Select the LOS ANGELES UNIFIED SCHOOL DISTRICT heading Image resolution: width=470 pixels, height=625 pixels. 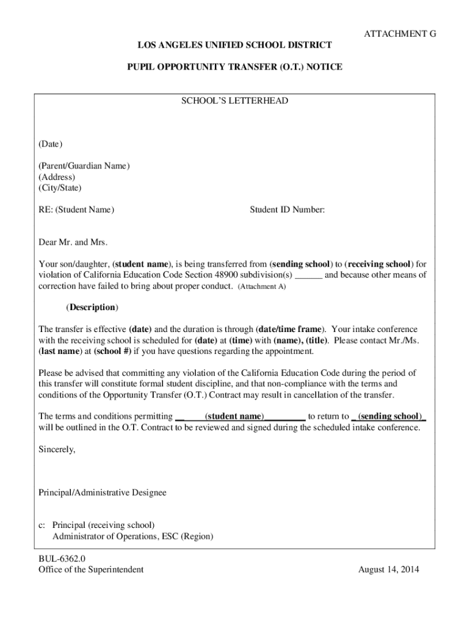[235, 45]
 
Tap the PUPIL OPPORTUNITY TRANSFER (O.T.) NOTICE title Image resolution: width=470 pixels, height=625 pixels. [235, 67]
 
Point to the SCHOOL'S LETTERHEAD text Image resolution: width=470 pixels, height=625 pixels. [235, 101]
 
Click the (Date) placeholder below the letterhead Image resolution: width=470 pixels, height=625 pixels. [51, 144]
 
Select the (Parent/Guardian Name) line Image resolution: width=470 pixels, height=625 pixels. [84, 166]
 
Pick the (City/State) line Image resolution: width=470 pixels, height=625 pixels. [60, 188]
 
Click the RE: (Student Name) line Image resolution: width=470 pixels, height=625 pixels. [76, 210]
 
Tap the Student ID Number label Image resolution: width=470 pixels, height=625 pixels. [287, 210]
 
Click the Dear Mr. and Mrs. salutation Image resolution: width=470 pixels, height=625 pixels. [73, 242]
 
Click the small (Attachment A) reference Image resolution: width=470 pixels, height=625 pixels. [262, 287]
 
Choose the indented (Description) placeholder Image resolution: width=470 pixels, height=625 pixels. [92, 307]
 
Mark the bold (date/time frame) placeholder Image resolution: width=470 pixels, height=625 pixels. [291, 330]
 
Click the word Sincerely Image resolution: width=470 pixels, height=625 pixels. [57, 449]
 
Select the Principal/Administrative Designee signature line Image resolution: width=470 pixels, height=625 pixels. [103, 492]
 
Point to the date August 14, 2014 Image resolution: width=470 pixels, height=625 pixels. [389, 569]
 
